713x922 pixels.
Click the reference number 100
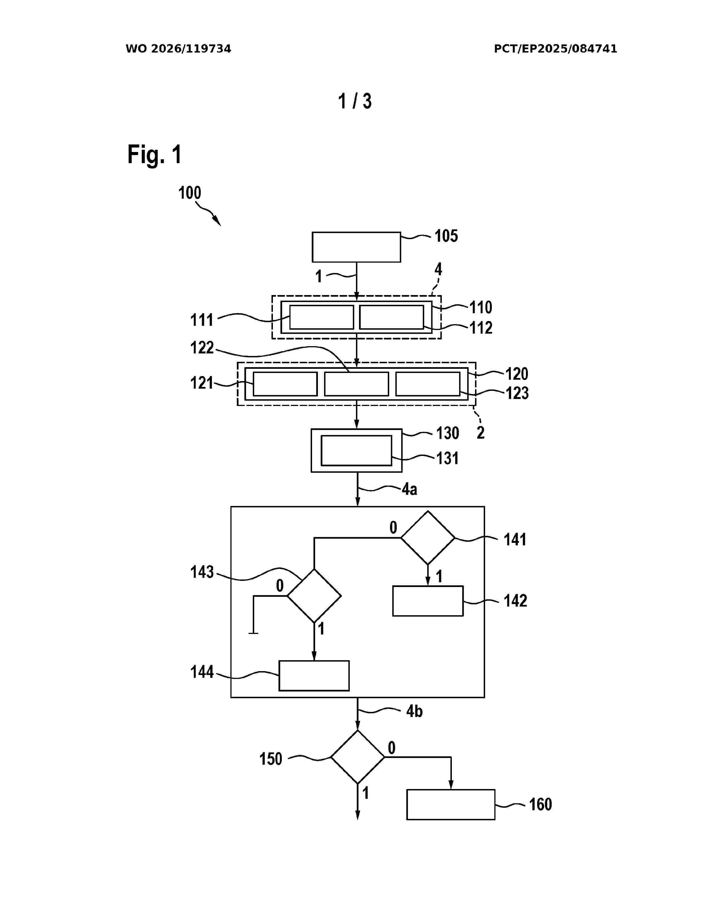[x=190, y=193]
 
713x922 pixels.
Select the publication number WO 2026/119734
[x=178, y=49]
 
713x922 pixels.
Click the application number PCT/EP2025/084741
[x=556, y=49]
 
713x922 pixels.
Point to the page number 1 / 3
[x=355, y=101]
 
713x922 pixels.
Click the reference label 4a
[x=409, y=489]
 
